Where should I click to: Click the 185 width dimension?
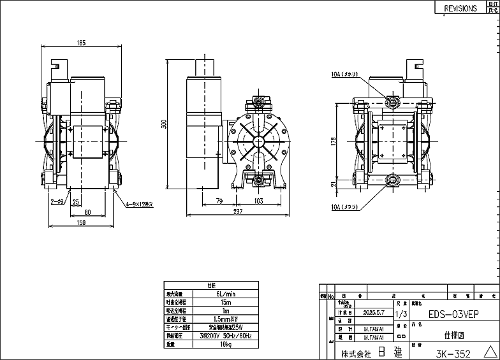point(81,43)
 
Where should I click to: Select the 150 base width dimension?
point(82,222)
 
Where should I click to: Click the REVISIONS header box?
point(460,8)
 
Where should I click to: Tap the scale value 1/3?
point(401,314)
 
